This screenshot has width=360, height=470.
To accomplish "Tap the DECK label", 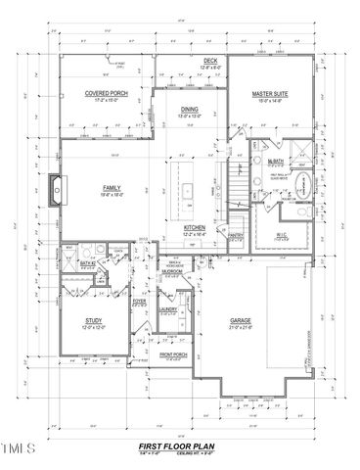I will tap(210, 62).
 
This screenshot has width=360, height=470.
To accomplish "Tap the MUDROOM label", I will tap(172, 273).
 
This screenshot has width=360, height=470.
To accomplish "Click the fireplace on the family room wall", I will tap(56, 188).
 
